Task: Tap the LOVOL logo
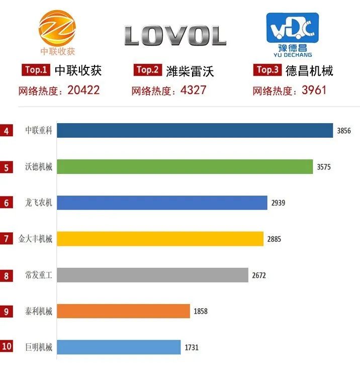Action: click(175, 36)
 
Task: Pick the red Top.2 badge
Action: click(148, 70)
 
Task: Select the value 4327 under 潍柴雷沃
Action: click(191, 90)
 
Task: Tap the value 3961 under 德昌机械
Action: click(311, 90)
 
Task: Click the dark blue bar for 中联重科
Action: click(195, 131)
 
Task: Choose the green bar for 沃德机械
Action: click(185, 167)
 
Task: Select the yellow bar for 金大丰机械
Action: click(160, 239)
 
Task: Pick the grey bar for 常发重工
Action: click(152, 275)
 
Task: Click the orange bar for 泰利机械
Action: click(123, 311)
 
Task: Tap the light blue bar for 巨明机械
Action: click(119, 347)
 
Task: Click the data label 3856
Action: click(344, 131)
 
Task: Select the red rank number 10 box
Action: click(6, 347)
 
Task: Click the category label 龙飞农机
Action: click(39, 203)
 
